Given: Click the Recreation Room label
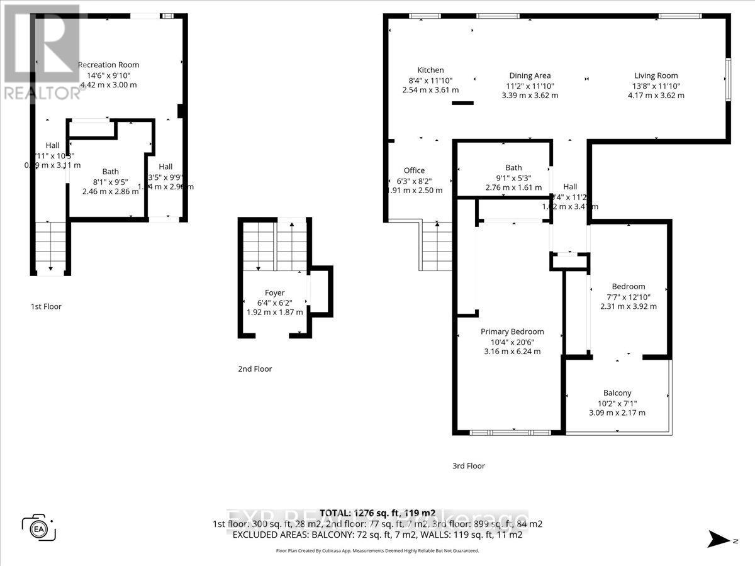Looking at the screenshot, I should (x=108, y=65).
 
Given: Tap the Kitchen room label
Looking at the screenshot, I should (x=430, y=70).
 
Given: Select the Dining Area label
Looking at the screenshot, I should (x=530, y=75).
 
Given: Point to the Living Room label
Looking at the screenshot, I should (x=656, y=75).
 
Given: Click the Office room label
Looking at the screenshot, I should (x=414, y=170).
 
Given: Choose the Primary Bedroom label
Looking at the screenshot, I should (x=512, y=331).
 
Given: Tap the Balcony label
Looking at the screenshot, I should (x=617, y=392).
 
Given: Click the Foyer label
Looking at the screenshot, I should (x=274, y=292).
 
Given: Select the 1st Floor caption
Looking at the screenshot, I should (x=46, y=306).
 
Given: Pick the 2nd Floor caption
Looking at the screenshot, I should (x=255, y=369).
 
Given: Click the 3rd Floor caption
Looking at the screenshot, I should (x=468, y=466).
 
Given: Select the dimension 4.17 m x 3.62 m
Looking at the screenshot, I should (x=656, y=96).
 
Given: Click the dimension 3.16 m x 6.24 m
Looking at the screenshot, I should (x=512, y=352).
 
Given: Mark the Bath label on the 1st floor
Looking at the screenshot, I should (x=111, y=171).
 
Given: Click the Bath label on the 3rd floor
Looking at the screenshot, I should (x=513, y=167).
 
